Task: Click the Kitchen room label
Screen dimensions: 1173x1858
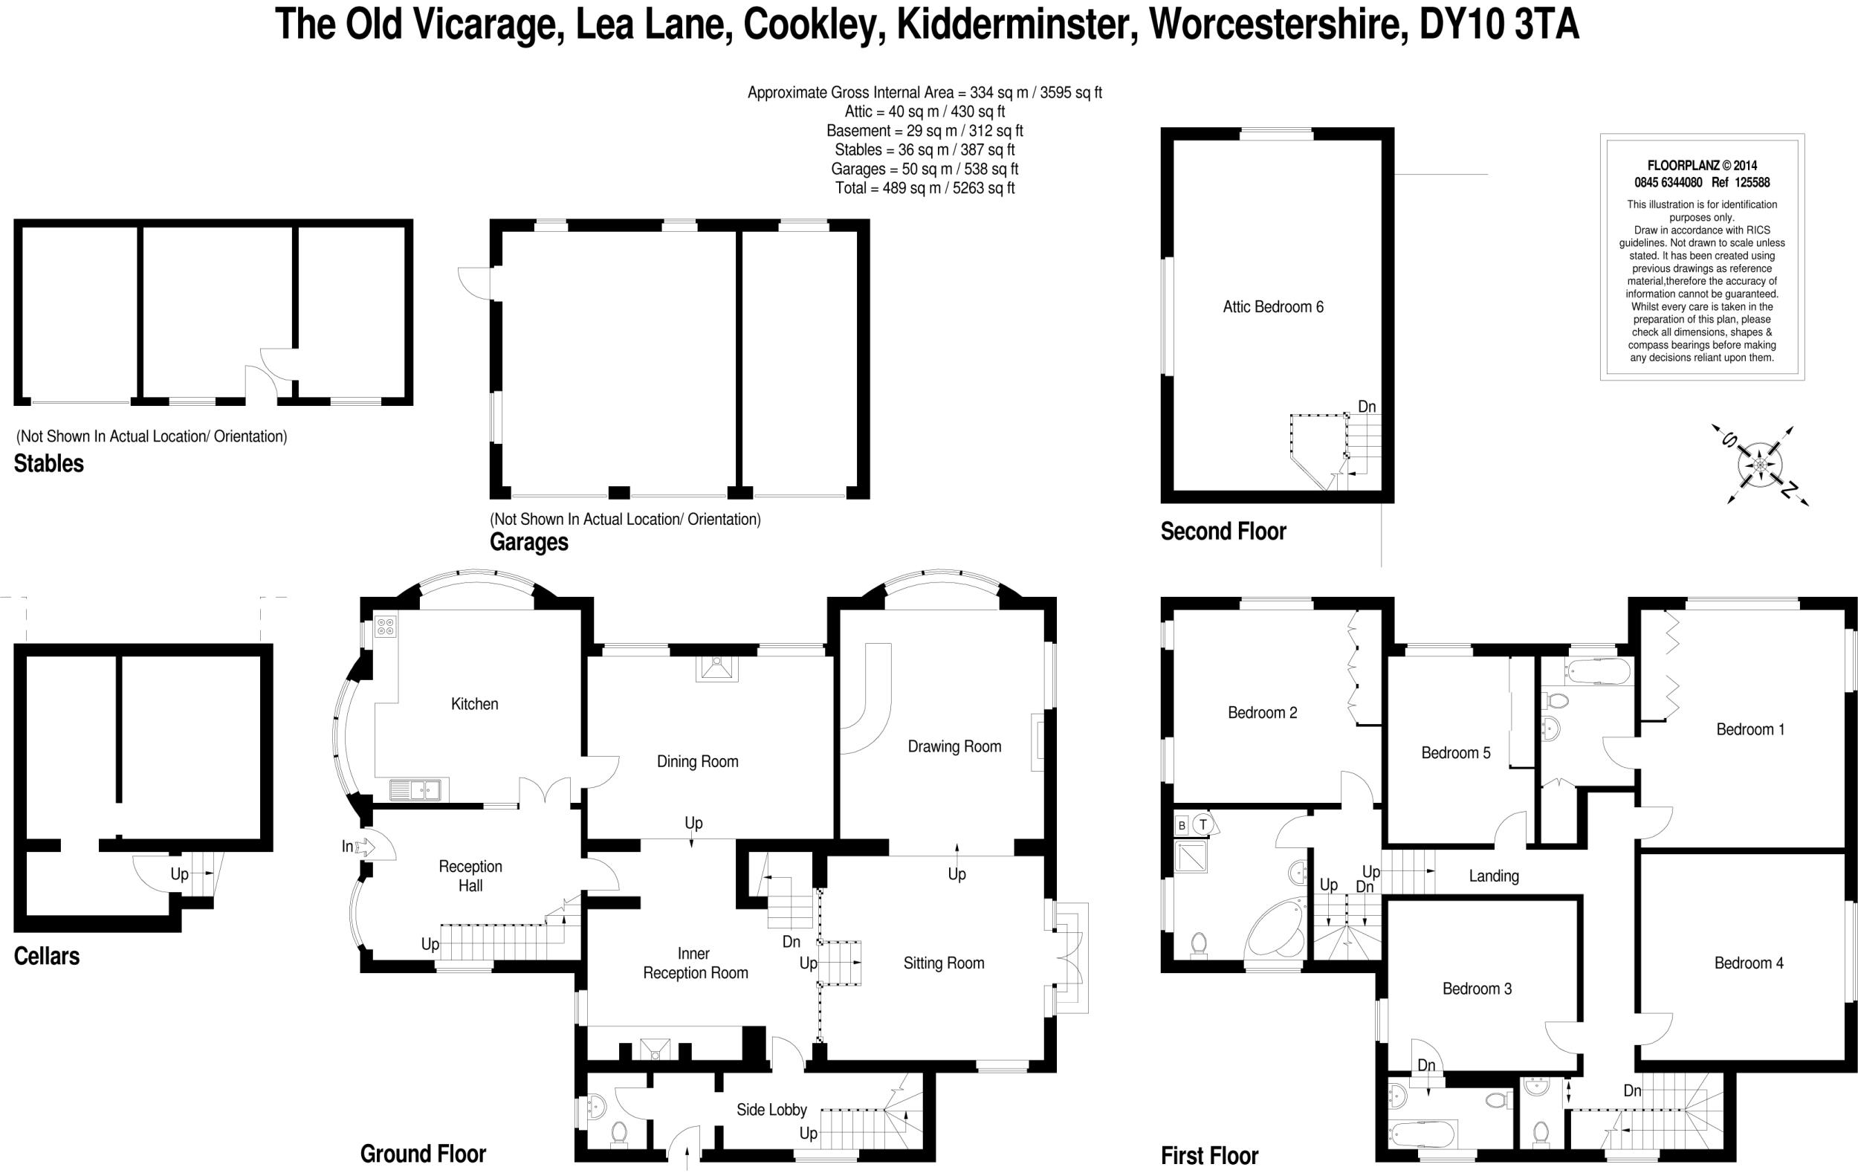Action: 474,704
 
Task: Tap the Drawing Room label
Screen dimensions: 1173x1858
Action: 954,746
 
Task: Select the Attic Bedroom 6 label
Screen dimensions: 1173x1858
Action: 1272,307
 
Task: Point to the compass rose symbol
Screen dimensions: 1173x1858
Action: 1760,465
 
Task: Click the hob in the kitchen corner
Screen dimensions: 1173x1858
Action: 386,627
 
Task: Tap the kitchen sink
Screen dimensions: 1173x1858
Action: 415,789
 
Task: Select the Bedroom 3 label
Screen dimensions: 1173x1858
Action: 1477,989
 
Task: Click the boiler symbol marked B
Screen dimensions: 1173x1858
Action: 1181,825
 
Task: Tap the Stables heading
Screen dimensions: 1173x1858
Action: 48,464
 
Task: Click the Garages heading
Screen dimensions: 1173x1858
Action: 528,543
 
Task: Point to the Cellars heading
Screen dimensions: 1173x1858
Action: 46,956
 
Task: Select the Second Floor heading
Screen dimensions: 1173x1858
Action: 1223,531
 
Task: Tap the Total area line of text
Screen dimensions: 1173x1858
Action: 925,188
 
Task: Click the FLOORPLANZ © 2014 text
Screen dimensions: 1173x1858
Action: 1701,165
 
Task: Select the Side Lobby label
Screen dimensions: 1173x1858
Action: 771,1110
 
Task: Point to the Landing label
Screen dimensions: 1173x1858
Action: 1494,876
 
